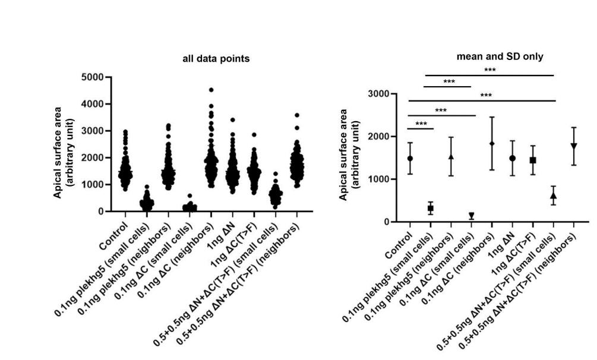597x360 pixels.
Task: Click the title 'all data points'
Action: click(216, 59)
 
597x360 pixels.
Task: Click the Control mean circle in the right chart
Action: click(410, 159)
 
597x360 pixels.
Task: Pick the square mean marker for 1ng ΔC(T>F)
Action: click(533, 160)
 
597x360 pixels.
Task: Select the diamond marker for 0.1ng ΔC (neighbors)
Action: click(492, 144)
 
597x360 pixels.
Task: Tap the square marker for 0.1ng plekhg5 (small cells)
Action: click(431, 209)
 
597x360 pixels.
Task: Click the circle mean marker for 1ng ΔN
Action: click(512, 159)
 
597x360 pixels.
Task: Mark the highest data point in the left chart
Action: click(211, 90)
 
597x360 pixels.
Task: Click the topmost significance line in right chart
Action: click(490, 75)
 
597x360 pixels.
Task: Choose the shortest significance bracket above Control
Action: click(421, 128)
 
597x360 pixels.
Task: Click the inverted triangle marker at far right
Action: click(574, 146)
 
